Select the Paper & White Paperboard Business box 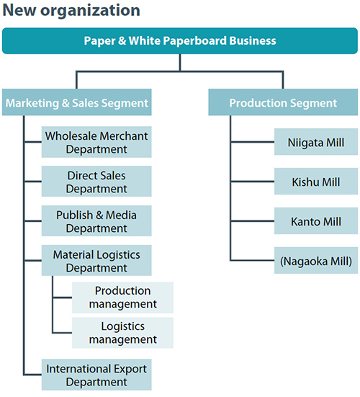[179, 41]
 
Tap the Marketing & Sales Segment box [76, 103]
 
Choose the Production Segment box [283, 103]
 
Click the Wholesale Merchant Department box [96, 143]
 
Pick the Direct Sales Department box [96, 182]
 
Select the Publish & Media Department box [96, 221]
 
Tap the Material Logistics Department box [96, 261]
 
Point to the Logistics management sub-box [123, 332]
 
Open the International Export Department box [96, 375]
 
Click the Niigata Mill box [316, 143]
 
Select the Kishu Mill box [316, 182]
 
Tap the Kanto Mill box [316, 221]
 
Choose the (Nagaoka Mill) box [316, 261]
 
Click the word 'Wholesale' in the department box [73, 136]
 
